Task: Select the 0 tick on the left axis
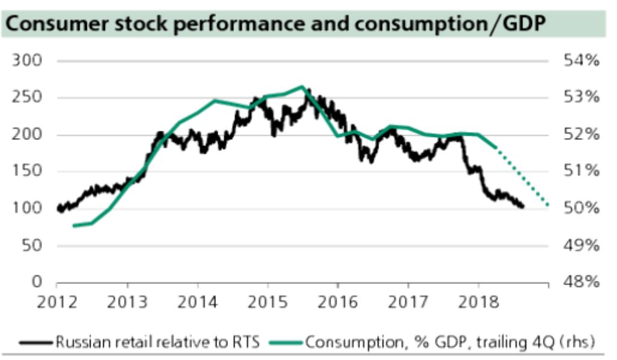tap(37, 282)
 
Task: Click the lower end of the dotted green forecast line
tap(548, 206)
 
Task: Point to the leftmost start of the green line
tap(73, 226)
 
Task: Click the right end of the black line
tap(522, 207)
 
